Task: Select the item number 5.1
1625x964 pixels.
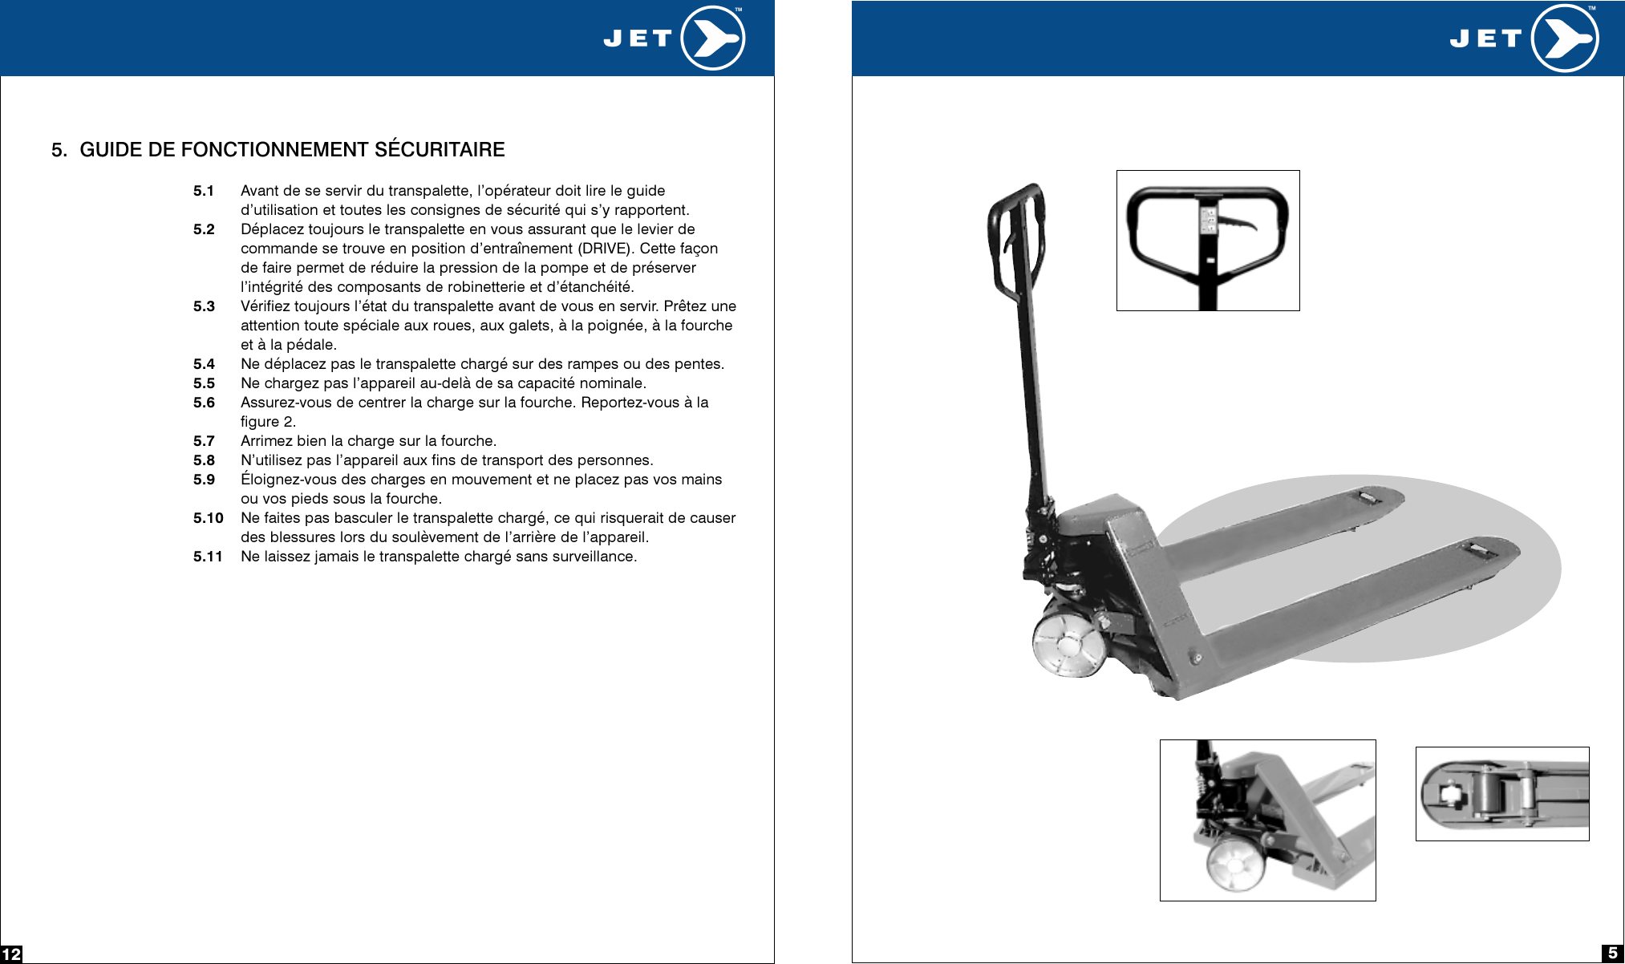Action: coord(204,191)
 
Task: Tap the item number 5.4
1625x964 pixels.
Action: coord(204,364)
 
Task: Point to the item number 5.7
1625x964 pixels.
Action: coord(204,441)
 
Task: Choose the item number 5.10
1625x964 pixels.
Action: coord(208,518)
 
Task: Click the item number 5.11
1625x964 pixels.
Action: coord(208,557)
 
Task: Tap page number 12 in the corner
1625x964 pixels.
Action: coord(11,954)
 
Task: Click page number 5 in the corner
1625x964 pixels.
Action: coord(1612,953)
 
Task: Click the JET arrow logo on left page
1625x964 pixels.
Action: coord(712,38)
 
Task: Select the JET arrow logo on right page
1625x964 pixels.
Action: coord(1564,38)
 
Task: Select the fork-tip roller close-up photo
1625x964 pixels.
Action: coord(1501,794)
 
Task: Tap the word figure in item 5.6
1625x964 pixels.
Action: coord(259,422)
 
